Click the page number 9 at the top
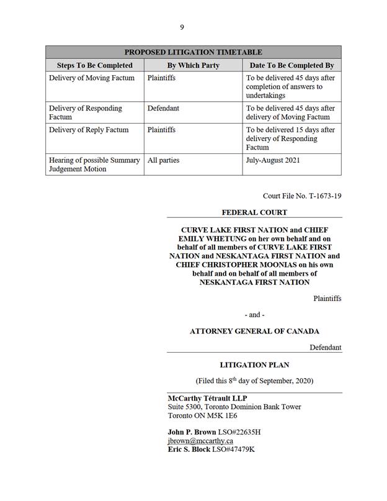click(182, 27)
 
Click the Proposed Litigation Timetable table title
click(193, 52)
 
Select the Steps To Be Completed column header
click(95, 65)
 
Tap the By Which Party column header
click(193, 65)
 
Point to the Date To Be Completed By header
click(291, 65)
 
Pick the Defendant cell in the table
click(163, 108)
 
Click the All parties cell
click(163, 160)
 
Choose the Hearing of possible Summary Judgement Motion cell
click(94, 165)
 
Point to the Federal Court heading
click(254, 212)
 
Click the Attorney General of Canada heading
click(254, 332)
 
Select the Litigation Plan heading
click(254, 365)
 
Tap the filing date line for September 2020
click(254, 380)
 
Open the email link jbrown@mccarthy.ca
click(200, 441)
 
